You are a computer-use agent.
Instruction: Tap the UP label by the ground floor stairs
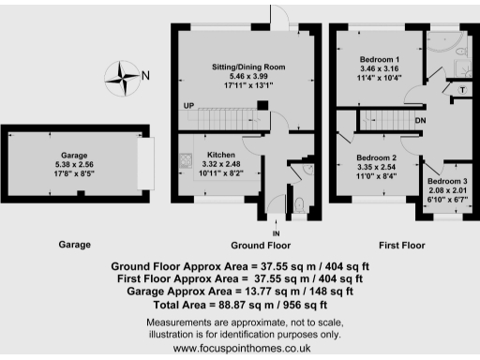[x=189, y=105]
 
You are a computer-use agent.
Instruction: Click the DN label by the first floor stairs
[x=421, y=121]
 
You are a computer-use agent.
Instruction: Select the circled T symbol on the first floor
[x=461, y=90]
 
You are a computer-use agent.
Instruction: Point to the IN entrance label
[x=276, y=233]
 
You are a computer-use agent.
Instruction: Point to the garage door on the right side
[x=144, y=170]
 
